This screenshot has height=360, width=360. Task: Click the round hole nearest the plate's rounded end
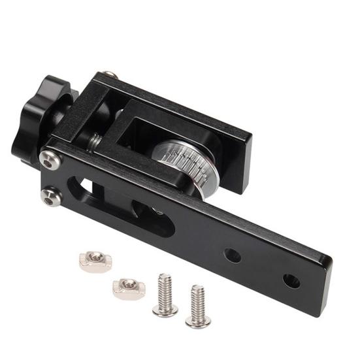[291, 281]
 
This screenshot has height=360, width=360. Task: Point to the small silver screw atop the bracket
[111, 75]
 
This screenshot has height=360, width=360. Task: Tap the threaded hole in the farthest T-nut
[93, 259]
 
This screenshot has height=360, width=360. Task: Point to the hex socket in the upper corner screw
[47, 157]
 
